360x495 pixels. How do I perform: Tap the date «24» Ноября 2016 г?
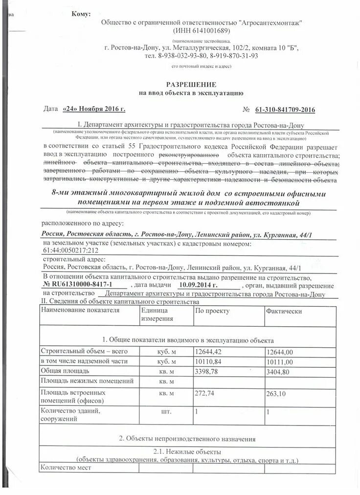point(94,109)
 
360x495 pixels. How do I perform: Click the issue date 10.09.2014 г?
point(198,285)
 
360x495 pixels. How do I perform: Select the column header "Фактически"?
point(284,311)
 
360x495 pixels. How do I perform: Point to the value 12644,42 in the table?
point(208,352)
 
